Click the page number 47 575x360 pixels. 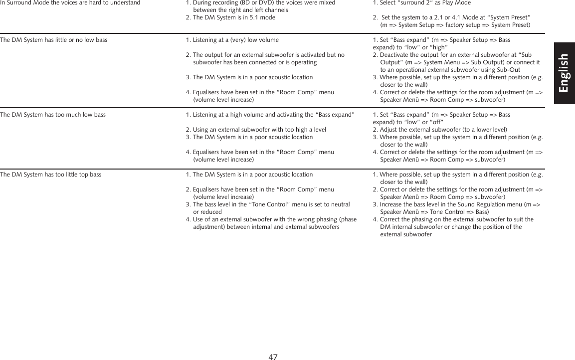(273, 357)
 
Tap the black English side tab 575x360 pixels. (564, 73)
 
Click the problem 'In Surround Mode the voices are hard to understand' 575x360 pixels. (70, 3)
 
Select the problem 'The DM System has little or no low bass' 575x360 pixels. (54, 40)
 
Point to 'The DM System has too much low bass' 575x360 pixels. (53, 115)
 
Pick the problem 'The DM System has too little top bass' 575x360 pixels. (51, 175)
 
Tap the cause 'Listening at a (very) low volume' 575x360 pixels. (232, 40)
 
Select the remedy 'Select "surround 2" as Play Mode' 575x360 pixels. (418, 3)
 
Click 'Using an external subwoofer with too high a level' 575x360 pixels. (256, 130)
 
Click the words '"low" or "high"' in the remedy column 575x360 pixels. (424, 47)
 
